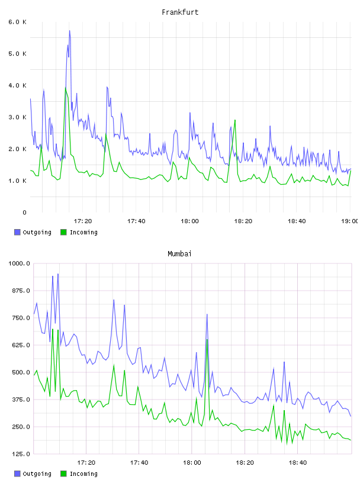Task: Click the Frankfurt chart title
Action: [180, 12]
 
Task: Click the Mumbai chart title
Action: [179, 254]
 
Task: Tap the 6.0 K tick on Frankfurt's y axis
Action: [17, 22]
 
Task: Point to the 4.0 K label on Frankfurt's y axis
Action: [17, 85]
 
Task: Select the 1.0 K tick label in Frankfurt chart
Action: [17, 181]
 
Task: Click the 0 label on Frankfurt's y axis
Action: [24, 212]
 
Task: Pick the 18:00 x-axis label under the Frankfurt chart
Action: [189, 221]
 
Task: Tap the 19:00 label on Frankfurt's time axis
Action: [350, 221]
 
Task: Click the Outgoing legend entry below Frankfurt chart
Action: [33, 232]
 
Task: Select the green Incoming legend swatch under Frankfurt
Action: [63, 232]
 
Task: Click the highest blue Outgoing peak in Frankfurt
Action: [70, 31]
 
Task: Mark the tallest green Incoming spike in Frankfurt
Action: [66, 88]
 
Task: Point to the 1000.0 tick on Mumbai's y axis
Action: [19, 263]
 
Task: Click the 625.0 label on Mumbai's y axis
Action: [21, 345]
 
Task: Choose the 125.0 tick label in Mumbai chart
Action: [21, 454]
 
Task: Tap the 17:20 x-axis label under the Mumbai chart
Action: [86, 462]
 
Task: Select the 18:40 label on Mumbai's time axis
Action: [297, 462]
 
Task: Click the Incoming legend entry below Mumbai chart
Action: [79, 474]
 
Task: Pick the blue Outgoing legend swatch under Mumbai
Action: [17, 474]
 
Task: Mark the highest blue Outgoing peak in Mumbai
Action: [58, 274]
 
